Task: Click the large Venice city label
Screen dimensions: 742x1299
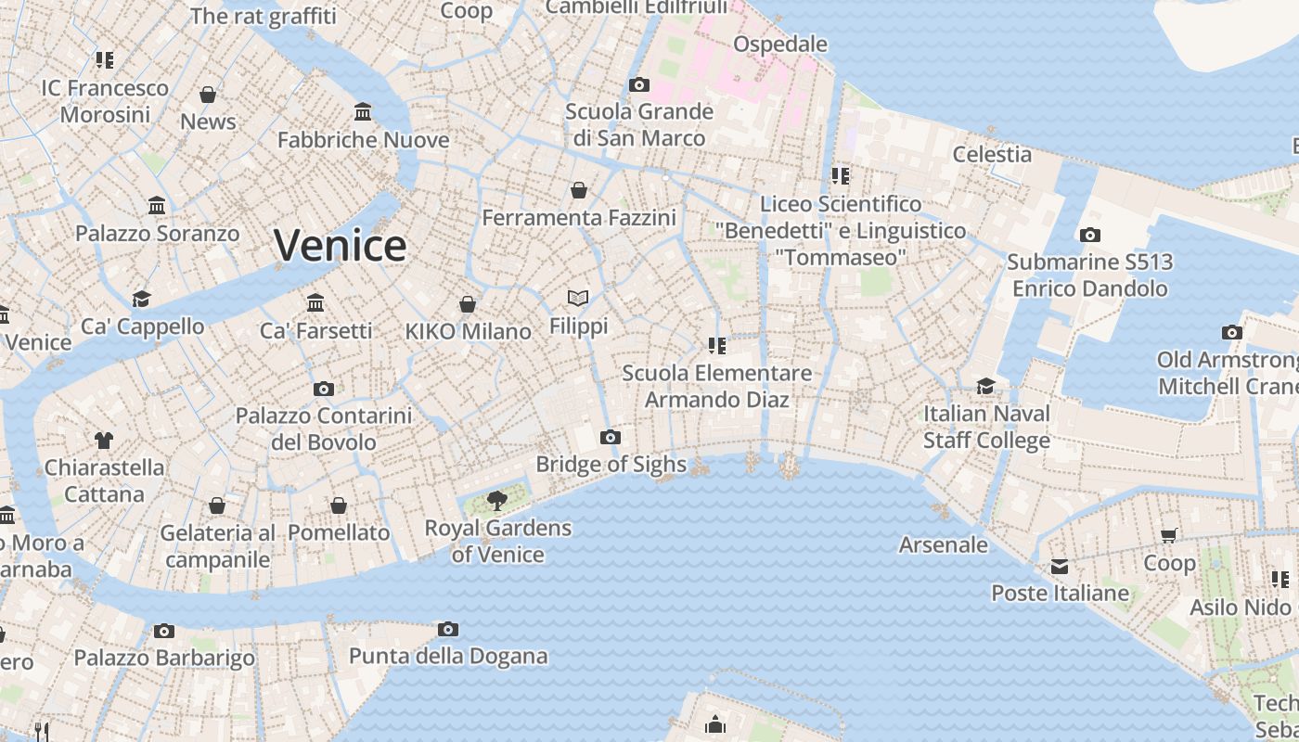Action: (x=340, y=246)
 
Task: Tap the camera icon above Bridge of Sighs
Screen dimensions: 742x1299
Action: (x=610, y=437)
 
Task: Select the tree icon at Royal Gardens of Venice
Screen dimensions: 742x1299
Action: (x=497, y=502)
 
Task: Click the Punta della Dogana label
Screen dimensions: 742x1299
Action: (x=448, y=657)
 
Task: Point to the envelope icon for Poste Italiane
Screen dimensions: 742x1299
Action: (x=1060, y=567)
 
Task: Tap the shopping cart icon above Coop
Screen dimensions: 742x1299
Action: (x=1169, y=535)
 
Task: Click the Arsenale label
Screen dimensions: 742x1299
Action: (x=943, y=544)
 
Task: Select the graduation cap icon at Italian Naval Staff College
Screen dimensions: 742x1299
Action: (x=985, y=386)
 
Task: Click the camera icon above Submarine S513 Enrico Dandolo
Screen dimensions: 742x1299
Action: (x=1090, y=236)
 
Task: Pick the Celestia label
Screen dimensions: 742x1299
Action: (x=992, y=154)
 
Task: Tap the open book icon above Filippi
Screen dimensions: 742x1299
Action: (x=578, y=298)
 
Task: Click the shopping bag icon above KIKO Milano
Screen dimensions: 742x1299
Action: (x=468, y=304)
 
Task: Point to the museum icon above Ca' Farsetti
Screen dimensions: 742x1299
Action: (x=315, y=302)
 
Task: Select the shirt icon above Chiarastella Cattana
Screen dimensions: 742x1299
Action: (x=104, y=440)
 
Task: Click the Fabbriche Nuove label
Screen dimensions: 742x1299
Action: (x=364, y=140)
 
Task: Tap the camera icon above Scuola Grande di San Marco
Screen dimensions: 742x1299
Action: (x=639, y=85)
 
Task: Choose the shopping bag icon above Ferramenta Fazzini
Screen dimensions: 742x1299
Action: (x=579, y=190)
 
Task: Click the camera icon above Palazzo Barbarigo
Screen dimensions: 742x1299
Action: (x=164, y=632)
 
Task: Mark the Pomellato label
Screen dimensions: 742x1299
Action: (x=339, y=533)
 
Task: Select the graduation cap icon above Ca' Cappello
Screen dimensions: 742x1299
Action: (x=141, y=299)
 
